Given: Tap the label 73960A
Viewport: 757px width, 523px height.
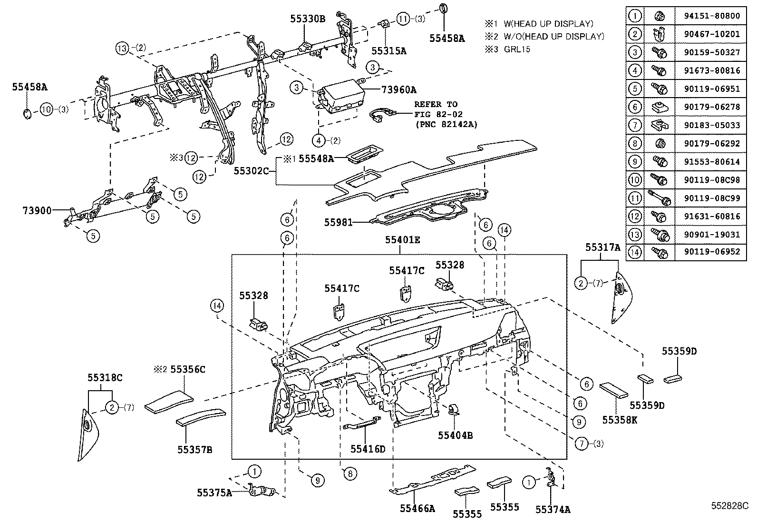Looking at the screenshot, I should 398,89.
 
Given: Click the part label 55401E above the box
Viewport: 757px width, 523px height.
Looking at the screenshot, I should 402,240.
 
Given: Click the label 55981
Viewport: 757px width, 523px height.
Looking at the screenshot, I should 339,222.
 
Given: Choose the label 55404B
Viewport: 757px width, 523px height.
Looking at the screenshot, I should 455,434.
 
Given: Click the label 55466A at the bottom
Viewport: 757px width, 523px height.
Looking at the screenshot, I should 417,509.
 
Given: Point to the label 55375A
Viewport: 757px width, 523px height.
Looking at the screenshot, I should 214,493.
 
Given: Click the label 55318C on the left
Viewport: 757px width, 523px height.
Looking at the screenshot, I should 105,377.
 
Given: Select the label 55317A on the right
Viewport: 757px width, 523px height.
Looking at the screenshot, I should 602,247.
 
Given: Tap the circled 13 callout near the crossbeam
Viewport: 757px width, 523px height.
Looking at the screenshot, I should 122,48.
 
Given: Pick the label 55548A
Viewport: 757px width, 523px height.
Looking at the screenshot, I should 316,159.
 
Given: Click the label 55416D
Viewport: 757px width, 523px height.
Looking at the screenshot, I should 368,448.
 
